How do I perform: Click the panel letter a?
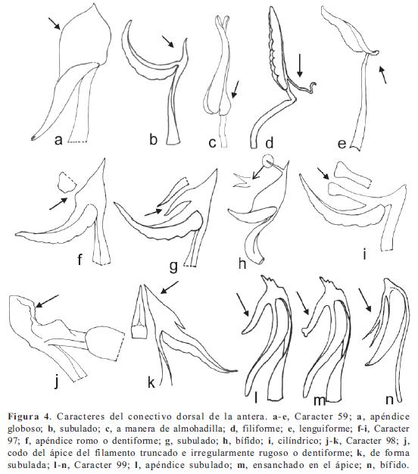pos(58,140)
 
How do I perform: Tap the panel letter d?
pos(270,142)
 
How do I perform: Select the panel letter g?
pos(173,267)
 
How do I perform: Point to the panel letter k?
pos(151,382)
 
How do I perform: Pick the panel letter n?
pos(390,400)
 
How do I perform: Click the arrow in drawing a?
pos(55,23)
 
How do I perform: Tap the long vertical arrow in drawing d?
pos(300,65)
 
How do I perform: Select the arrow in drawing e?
pos(382,75)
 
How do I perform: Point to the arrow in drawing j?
pos(47,301)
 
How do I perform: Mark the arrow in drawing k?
pos(170,287)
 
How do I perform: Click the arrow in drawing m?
pos(303,303)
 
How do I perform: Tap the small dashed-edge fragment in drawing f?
pos(67,182)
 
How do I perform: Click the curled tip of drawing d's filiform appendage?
pos(313,86)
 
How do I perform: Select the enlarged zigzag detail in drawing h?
pos(242,181)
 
